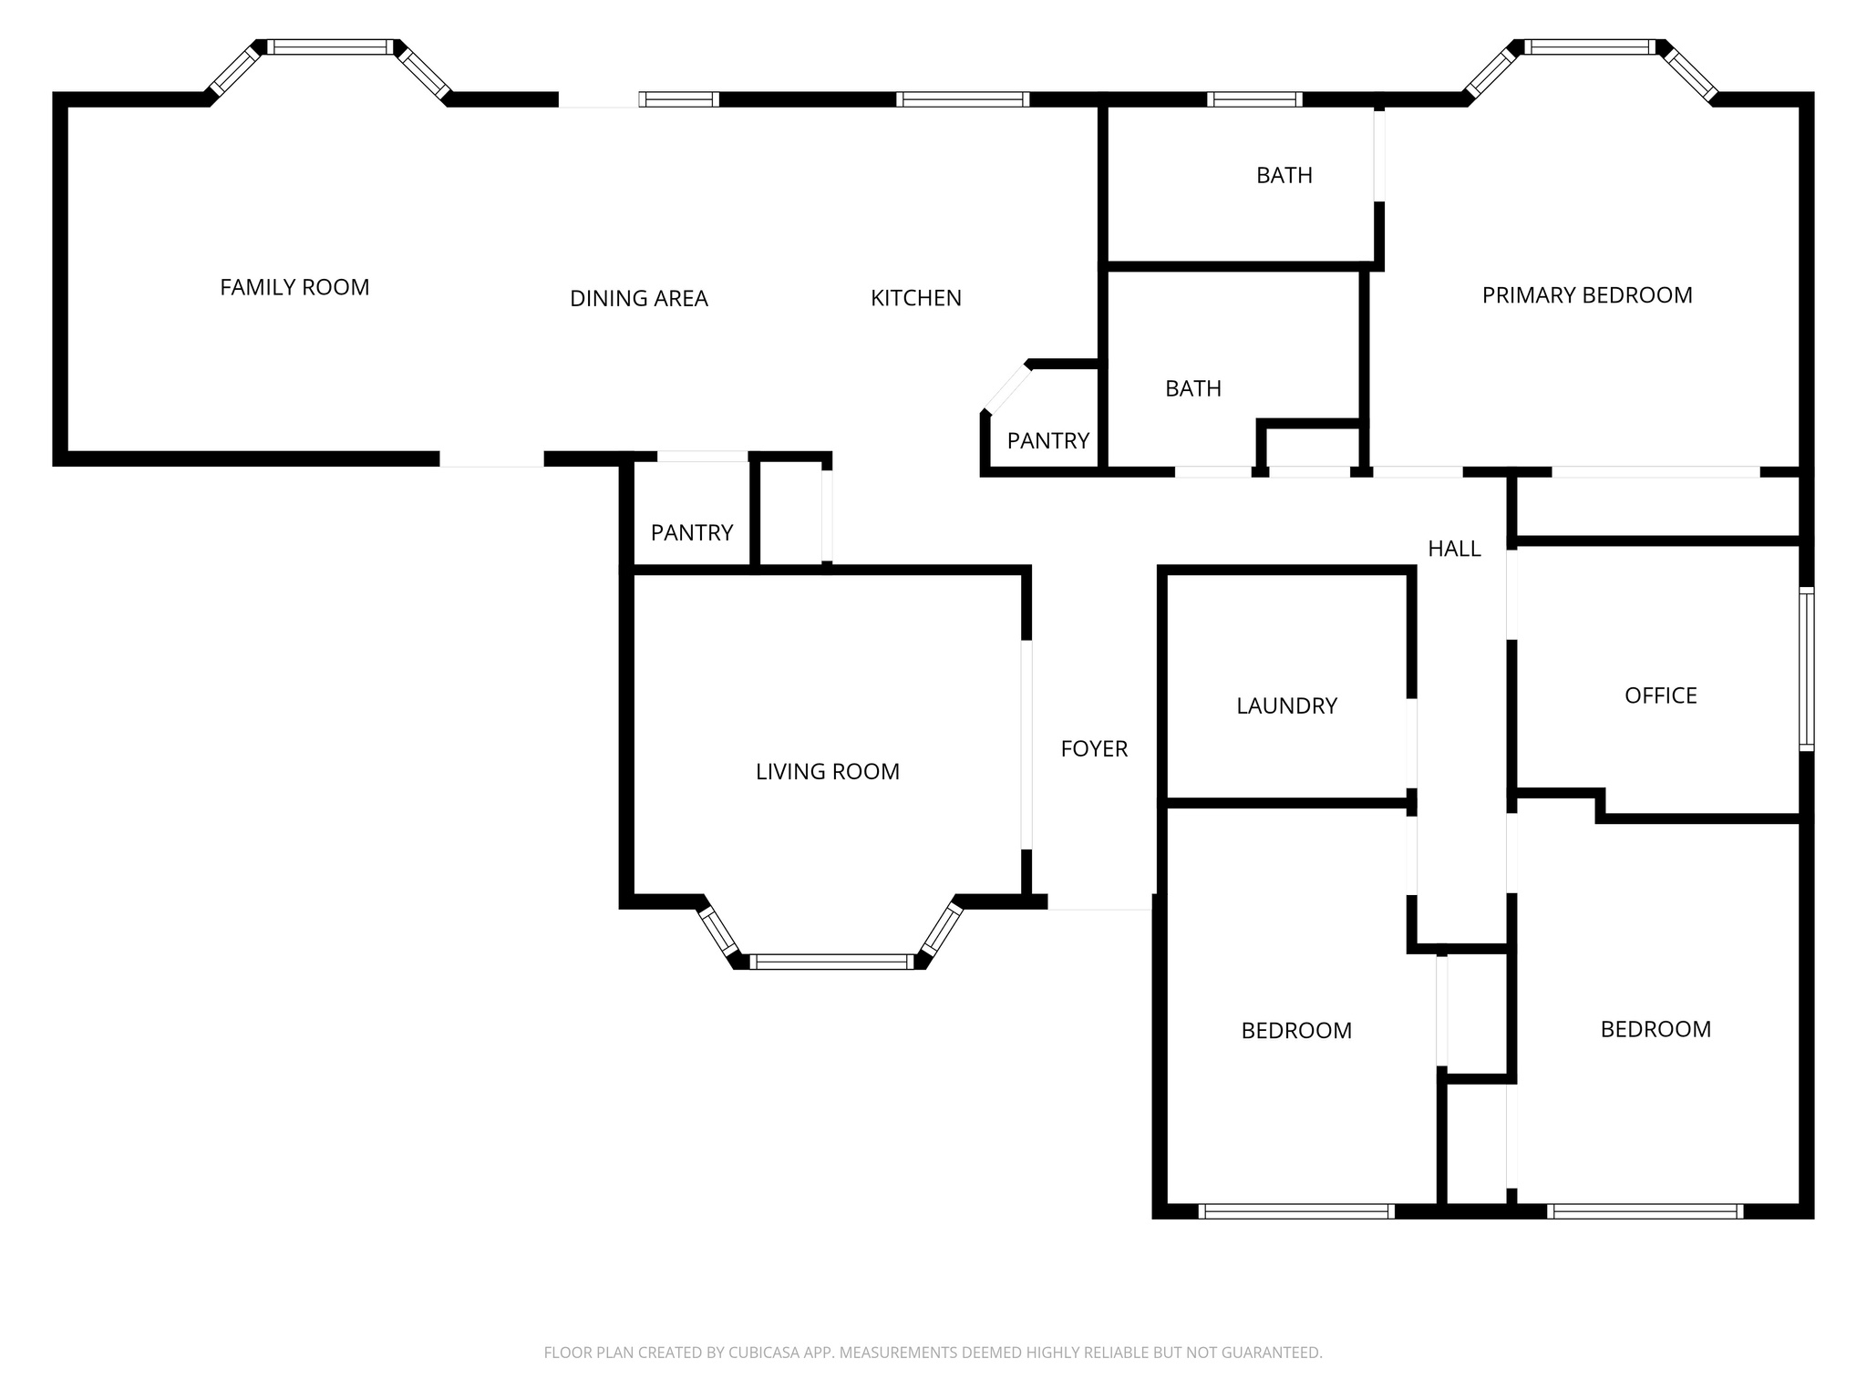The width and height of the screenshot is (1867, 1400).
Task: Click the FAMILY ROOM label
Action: [x=294, y=287]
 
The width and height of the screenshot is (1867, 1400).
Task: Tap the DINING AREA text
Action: [x=638, y=298]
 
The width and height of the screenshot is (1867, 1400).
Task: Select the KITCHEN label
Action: [x=915, y=298]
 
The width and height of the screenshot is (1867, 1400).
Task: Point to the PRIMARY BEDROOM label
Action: [x=1586, y=295]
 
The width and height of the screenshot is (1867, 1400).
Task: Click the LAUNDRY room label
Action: [x=1286, y=705]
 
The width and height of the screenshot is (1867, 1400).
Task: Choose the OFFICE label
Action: [x=1660, y=695]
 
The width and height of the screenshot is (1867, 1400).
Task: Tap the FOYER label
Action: [x=1094, y=748]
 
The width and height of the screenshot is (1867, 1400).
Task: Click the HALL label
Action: [x=1453, y=549]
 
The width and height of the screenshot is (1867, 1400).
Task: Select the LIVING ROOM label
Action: [x=827, y=772]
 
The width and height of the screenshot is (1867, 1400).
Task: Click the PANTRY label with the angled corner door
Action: [x=1047, y=441]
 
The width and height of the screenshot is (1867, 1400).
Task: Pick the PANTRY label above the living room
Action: [x=691, y=532]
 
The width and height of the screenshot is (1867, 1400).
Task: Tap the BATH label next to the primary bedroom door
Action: [x=1284, y=175]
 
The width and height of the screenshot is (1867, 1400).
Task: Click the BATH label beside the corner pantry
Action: [x=1192, y=389]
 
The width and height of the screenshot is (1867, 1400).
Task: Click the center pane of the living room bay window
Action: [x=830, y=962]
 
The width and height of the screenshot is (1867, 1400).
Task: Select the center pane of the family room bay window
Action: [x=331, y=47]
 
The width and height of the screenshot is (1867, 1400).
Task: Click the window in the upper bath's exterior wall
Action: [x=1253, y=99]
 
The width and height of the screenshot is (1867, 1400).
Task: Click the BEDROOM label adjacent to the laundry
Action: [x=1295, y=1031]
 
